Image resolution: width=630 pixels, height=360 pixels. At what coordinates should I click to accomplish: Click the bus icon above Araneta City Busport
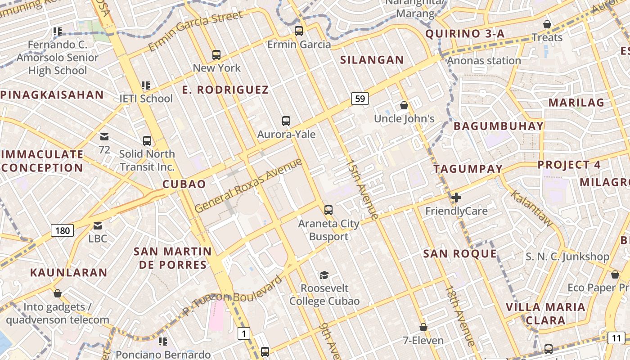tap(328, 210)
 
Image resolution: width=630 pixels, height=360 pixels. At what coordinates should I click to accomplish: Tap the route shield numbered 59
tap(360, 99)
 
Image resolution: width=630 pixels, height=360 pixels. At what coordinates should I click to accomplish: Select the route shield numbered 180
tap(62, 231)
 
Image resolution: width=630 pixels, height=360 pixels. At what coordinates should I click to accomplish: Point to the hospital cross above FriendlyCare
tap(456, 197)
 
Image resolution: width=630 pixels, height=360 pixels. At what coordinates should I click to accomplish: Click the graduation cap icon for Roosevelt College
tap(324, 275)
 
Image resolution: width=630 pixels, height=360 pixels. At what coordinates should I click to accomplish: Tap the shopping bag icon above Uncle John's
tap(404, 106)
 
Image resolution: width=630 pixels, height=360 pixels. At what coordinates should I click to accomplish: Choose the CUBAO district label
tap(184, 184)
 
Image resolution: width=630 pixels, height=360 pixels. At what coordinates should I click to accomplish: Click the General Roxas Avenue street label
tap(249, 185)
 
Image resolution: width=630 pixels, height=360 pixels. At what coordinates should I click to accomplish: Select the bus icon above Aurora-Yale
tap(286, 121)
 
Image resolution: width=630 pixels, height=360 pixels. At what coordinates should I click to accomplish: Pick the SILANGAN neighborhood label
tap(372, 60)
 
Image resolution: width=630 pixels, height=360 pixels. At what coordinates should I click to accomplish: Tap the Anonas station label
tap(484, 61)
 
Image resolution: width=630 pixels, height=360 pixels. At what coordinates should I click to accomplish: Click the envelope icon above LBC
tap(98, 226)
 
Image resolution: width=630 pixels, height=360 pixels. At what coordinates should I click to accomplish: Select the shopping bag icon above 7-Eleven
tap(423, 327)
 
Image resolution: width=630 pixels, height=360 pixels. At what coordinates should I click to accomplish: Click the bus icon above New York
tap(216, 55)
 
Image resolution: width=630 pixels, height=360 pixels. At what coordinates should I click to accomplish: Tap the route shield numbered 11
tap(616, 337)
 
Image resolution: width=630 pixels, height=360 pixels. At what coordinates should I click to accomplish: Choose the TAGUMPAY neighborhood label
tap(468, 169)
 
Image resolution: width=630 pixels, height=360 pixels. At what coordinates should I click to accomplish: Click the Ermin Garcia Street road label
tap(195, 31)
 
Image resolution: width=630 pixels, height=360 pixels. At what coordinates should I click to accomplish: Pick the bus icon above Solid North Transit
tap(147, 140)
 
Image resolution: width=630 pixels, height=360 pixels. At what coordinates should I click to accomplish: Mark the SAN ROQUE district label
tap(460, 254)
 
